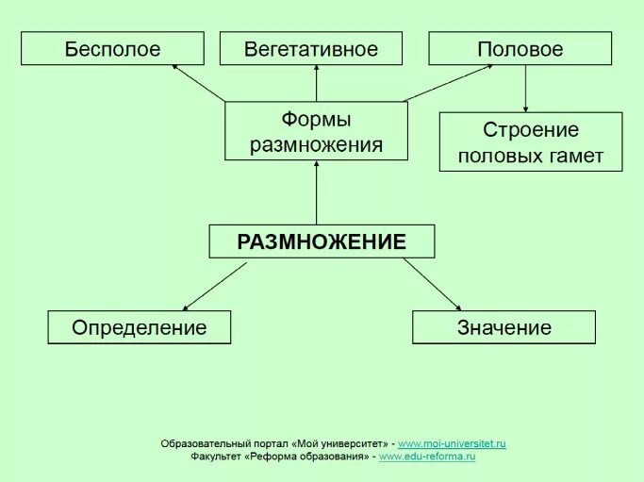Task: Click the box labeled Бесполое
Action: (x=112, y=49)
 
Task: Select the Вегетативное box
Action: (x=310, y=49)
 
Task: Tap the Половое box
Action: (x=520, y=49)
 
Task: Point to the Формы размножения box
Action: (x=316, y=131)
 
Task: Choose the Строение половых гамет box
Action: (x=530, y=141)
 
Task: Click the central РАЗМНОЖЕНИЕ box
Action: (x=322, y=241)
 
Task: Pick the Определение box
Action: (x=139, y=327)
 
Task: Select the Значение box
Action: (x=504, y=327)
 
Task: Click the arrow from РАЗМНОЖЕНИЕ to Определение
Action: (x=214, y=287)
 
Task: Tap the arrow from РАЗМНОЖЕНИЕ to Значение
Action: (x=432, y=284)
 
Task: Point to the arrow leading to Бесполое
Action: (x=200, y=83)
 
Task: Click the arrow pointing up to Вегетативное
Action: (x=317, y=83)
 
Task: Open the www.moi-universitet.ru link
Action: (x=452, y=443)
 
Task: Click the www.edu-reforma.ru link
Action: (x=426, y=457)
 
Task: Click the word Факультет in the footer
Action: (x=215, y=457)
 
